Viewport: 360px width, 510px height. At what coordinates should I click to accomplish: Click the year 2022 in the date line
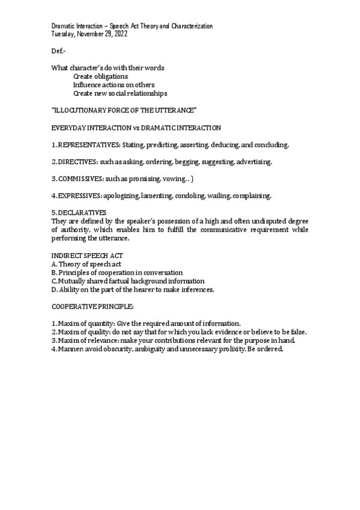pyautogui.click(x=119, y=34)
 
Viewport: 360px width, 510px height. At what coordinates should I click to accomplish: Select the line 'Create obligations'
pyautogui.click(x=100, y=76)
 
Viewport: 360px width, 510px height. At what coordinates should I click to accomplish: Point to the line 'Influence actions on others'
pyautogui.click(x=113, y=85)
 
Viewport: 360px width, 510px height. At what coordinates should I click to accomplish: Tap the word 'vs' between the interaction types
pyautogui.click(x=127, y=128)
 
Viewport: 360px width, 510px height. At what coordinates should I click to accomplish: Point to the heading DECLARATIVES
pyautogui.click(x=82, y=212)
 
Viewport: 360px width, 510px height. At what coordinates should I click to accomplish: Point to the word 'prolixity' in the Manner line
pyautogui.click(x=231, y=349)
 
